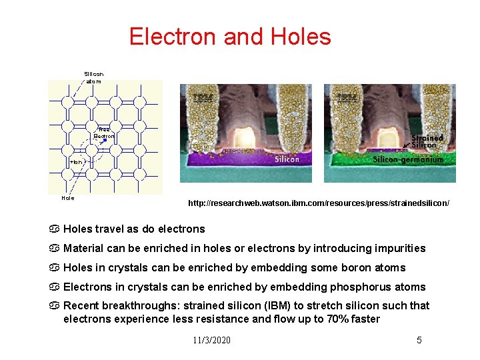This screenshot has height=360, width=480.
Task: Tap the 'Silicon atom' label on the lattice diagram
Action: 93,77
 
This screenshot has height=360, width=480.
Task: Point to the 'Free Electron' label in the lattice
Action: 104,133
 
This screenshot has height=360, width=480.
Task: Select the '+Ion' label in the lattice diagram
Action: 76,162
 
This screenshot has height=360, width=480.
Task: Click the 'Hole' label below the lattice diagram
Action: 68,198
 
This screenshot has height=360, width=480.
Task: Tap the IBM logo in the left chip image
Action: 203,98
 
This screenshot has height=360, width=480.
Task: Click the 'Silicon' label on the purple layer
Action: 287,159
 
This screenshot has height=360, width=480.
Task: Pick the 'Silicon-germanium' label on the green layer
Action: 407,159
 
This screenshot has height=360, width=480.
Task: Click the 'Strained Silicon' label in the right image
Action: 427,141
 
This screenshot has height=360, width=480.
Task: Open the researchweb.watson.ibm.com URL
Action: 319,201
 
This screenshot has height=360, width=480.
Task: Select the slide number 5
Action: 419,340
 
